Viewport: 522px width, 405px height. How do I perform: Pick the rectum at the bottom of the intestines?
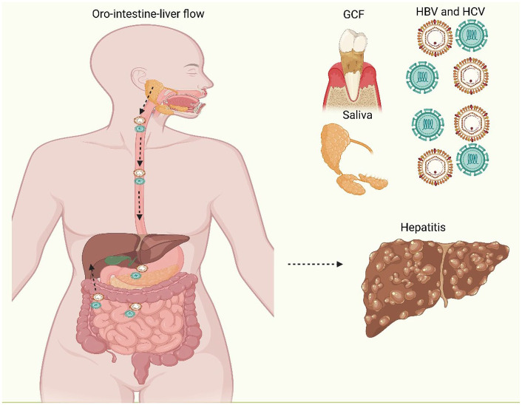140,366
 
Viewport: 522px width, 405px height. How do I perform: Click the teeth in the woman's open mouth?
183,96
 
